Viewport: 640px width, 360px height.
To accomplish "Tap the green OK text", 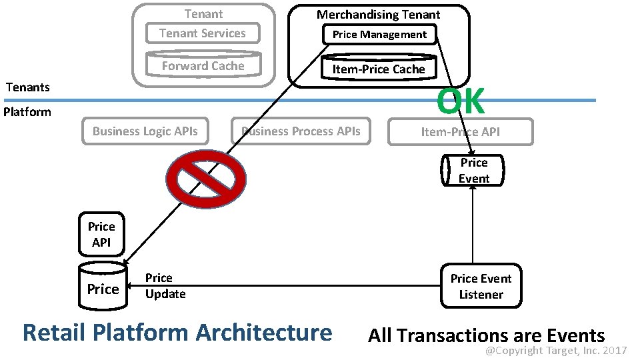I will point(460,101).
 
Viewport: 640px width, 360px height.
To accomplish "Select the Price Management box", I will point(379,35).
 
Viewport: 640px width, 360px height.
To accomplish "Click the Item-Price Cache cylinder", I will point(378,69).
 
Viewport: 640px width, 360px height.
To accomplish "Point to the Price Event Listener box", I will point(481,287).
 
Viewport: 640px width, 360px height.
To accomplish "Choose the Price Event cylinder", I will point(473,171).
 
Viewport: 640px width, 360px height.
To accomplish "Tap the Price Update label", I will point(165,286).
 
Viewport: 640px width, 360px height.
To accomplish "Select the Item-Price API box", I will point(460,132).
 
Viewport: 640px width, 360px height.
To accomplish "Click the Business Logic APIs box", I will point(145,131).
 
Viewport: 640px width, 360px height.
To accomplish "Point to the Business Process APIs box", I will point(301,131).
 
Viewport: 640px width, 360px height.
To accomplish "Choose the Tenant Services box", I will point(203,33).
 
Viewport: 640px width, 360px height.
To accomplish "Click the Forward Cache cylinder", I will point(203,65).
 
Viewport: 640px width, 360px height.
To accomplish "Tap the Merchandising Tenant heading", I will point(378,14).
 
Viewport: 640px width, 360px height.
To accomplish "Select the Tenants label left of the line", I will point(27,87).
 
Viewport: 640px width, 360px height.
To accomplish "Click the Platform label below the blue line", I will point(27,112).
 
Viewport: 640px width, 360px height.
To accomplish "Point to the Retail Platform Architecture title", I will point(177,332).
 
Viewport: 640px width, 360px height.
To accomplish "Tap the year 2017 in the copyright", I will point(614,350).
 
